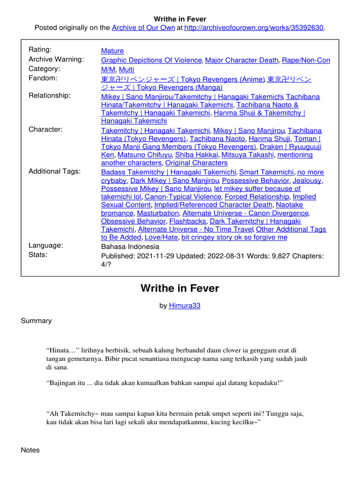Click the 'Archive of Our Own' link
[x=143, y=28]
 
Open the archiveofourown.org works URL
[x=254, y=28]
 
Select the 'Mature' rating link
[x=112, y=51]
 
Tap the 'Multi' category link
[x=127, y=69]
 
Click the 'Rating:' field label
[x=40, y=50]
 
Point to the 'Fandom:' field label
[x=43, y=78]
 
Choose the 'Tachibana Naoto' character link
[x=217, y=139]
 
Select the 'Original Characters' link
[x=196, y=163]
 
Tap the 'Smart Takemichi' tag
[x=267, y=172]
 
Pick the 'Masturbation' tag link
[x=155, y=213]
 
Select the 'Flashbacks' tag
[x=187, y=221]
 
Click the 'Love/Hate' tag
[x=161, y=237]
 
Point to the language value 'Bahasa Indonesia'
[x=130, y=247]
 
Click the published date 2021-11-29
[x=154, y=256]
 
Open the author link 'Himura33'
[x=185, y=306]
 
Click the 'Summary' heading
[x=36, y=321]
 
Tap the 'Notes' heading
[x=30, y=450]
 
